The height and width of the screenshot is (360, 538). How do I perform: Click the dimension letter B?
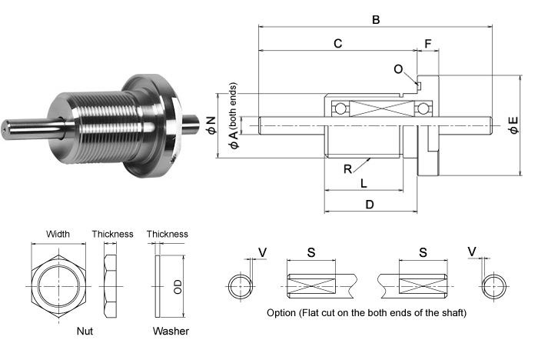(x=376, y=20)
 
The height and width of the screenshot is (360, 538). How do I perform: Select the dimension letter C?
(x=337, y=45)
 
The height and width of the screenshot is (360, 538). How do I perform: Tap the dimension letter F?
(x=427, y=45)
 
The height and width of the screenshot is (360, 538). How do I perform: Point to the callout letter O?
(x=397, y=69)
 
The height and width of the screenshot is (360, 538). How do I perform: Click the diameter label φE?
(x=513, y=124)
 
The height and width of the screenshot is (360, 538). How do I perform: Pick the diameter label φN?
(x=211, y=124)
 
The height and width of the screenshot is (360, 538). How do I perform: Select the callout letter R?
(x=348, y=168)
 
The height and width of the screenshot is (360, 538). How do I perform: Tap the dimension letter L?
(x=364, y=182)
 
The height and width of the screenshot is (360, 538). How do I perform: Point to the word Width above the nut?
(x=58, y=234)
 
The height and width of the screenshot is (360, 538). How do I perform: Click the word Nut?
(x=86, y=332)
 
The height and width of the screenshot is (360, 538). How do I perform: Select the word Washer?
(x=170, y=332)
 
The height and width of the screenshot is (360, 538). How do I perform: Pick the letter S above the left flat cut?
(x=311, y=252)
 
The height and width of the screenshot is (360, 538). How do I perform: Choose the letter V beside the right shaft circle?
(x=472, y=252)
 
